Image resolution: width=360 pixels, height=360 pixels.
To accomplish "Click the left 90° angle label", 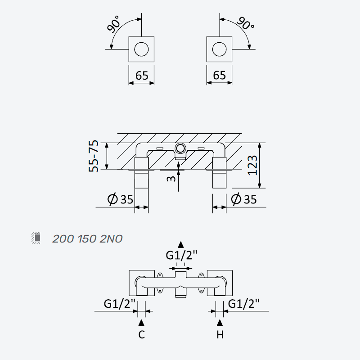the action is click(x=113, y=24).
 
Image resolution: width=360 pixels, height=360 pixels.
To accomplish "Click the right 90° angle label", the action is click(x=245, y=23).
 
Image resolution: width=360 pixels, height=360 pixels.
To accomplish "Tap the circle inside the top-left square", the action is click(x=141, y=49).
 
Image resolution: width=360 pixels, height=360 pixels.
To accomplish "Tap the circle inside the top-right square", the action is click(x=219, y=49).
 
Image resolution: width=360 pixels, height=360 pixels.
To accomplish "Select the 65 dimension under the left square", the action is click(x=142, y=76).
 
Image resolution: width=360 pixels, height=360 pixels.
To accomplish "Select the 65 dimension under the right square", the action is click(x=220, y=75).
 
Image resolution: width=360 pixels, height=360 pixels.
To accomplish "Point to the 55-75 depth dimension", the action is click(x=94, y=156).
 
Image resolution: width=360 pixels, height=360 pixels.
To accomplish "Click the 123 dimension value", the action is click(x=252, y=165).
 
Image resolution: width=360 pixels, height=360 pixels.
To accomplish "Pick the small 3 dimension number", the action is click(x=171, y=178).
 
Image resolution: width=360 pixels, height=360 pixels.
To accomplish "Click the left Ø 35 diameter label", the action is click(x=120, y=199).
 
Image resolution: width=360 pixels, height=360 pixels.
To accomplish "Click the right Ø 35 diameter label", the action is click(x=244, y=199).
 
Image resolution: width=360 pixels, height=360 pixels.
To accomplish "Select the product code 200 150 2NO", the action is click(x=87, y=239).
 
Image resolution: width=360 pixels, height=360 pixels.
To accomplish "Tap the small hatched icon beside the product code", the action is click(x=36, y=238).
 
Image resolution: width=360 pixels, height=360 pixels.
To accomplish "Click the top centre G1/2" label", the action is click(x=182, y=255).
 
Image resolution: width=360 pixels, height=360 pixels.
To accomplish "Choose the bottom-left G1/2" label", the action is click(x=120, y=304).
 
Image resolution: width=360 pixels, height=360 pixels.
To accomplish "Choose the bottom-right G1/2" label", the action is click(x=244, y=304).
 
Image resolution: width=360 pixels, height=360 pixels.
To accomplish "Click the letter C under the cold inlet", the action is click(x=142, y=334).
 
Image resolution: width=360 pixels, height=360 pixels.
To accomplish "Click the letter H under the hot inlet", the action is click(x=220, y=335).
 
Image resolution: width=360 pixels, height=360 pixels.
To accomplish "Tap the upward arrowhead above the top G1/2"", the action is click(x=181, y=245).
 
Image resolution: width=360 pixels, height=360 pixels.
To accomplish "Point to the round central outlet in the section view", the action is click(x=180, y=149).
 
